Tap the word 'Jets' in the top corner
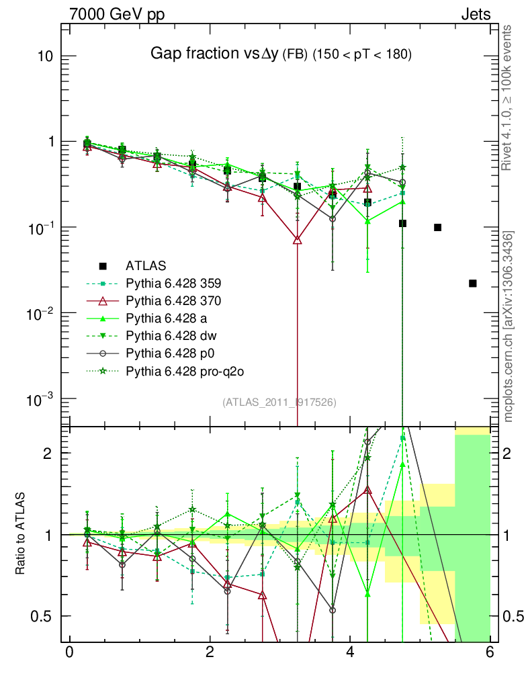pos(475,14)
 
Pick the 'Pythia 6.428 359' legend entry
pos(173,283)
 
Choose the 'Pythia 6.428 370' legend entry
pos(173,300)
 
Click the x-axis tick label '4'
pos(350,652)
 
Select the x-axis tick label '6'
pos(490,652)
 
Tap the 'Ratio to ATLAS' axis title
pos(21,534)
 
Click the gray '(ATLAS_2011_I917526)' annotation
pos(279,402)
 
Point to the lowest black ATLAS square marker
pos(472,284)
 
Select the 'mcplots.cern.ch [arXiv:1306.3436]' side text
pos(509,327)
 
